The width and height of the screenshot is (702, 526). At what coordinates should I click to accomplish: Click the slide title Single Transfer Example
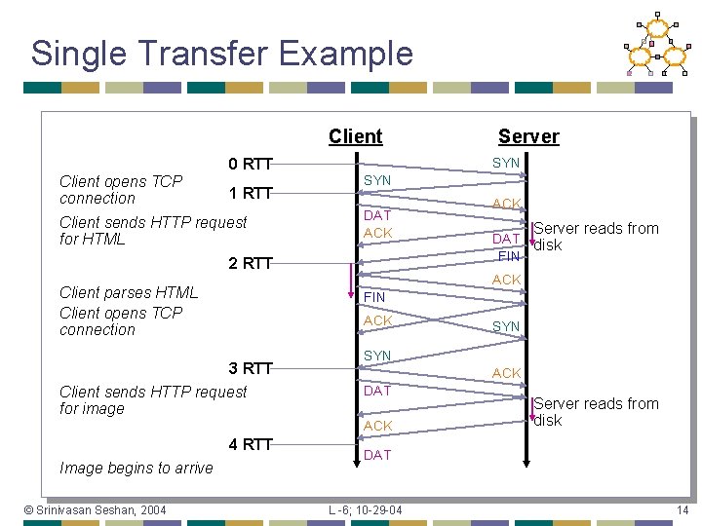tap(222, 54)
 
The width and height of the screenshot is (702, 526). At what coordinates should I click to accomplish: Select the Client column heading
tap(355, 136)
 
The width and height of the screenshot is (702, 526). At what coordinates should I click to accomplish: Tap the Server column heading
tap(528, 136)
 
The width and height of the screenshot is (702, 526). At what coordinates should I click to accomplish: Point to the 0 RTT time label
tap(250, 164)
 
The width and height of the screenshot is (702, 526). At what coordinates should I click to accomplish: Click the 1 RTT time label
tap(250, 192)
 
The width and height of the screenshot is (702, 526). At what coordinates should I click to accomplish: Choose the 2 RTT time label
tap(250, 263)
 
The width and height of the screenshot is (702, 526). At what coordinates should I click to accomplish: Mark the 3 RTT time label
tap(250, 368)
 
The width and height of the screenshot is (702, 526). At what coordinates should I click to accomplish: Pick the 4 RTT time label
tap(250, 445)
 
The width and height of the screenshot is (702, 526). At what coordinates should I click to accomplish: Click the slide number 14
tap(682, 510)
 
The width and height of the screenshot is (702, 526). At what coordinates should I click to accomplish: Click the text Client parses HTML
tap(129, 292)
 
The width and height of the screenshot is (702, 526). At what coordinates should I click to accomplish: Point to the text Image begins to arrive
tap(136, 468)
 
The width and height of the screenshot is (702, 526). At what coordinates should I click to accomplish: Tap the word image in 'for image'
tap(104, 409)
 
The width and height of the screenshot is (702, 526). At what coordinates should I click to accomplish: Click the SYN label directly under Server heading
tap(506, 163)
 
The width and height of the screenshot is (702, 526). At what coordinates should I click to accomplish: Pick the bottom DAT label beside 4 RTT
tap(377, 455)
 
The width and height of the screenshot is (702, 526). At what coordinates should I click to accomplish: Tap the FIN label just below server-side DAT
tap(508, 256)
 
